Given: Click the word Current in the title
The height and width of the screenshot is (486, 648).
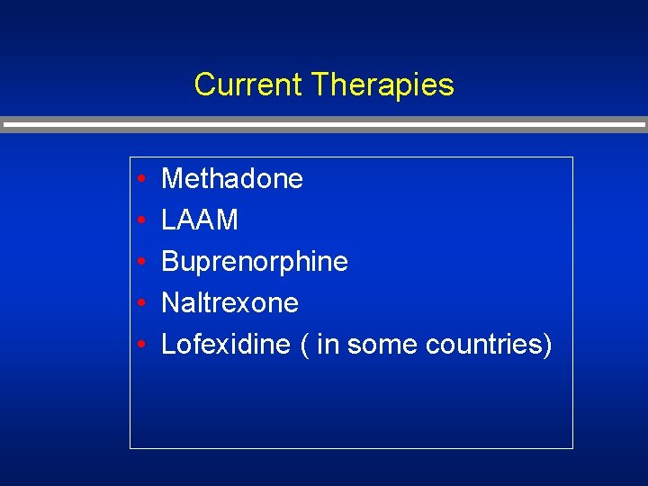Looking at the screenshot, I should click(248, 85).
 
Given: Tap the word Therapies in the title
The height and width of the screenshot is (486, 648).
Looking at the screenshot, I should click(382, 85).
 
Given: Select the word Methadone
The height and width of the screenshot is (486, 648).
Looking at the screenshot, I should click(232, 178).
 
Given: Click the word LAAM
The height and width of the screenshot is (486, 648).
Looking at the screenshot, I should click(200, 220).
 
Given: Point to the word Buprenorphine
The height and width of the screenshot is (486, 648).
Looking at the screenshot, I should click(255, 261).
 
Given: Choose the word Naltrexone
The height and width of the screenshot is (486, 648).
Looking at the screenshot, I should click(229, 302).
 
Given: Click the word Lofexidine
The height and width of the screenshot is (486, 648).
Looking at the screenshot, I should click(226, 344).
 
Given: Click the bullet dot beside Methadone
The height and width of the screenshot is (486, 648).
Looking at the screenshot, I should click(143, 179).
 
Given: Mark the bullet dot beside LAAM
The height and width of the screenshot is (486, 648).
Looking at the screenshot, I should click(143, 220).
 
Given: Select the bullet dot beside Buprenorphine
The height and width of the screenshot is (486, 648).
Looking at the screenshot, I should click(143, 262).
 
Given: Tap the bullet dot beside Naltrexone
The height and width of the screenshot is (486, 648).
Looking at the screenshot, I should click(143, 303).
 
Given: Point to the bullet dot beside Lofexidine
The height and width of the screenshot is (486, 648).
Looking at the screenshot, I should click(143, 345).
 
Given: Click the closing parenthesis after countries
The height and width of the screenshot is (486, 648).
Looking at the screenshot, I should click(546, 344).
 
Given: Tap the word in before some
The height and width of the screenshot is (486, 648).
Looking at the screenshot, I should click(328, 344).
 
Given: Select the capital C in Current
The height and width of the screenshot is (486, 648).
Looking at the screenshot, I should click(203, 85).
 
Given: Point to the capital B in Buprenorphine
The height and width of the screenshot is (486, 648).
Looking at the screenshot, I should click(169, 261).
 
